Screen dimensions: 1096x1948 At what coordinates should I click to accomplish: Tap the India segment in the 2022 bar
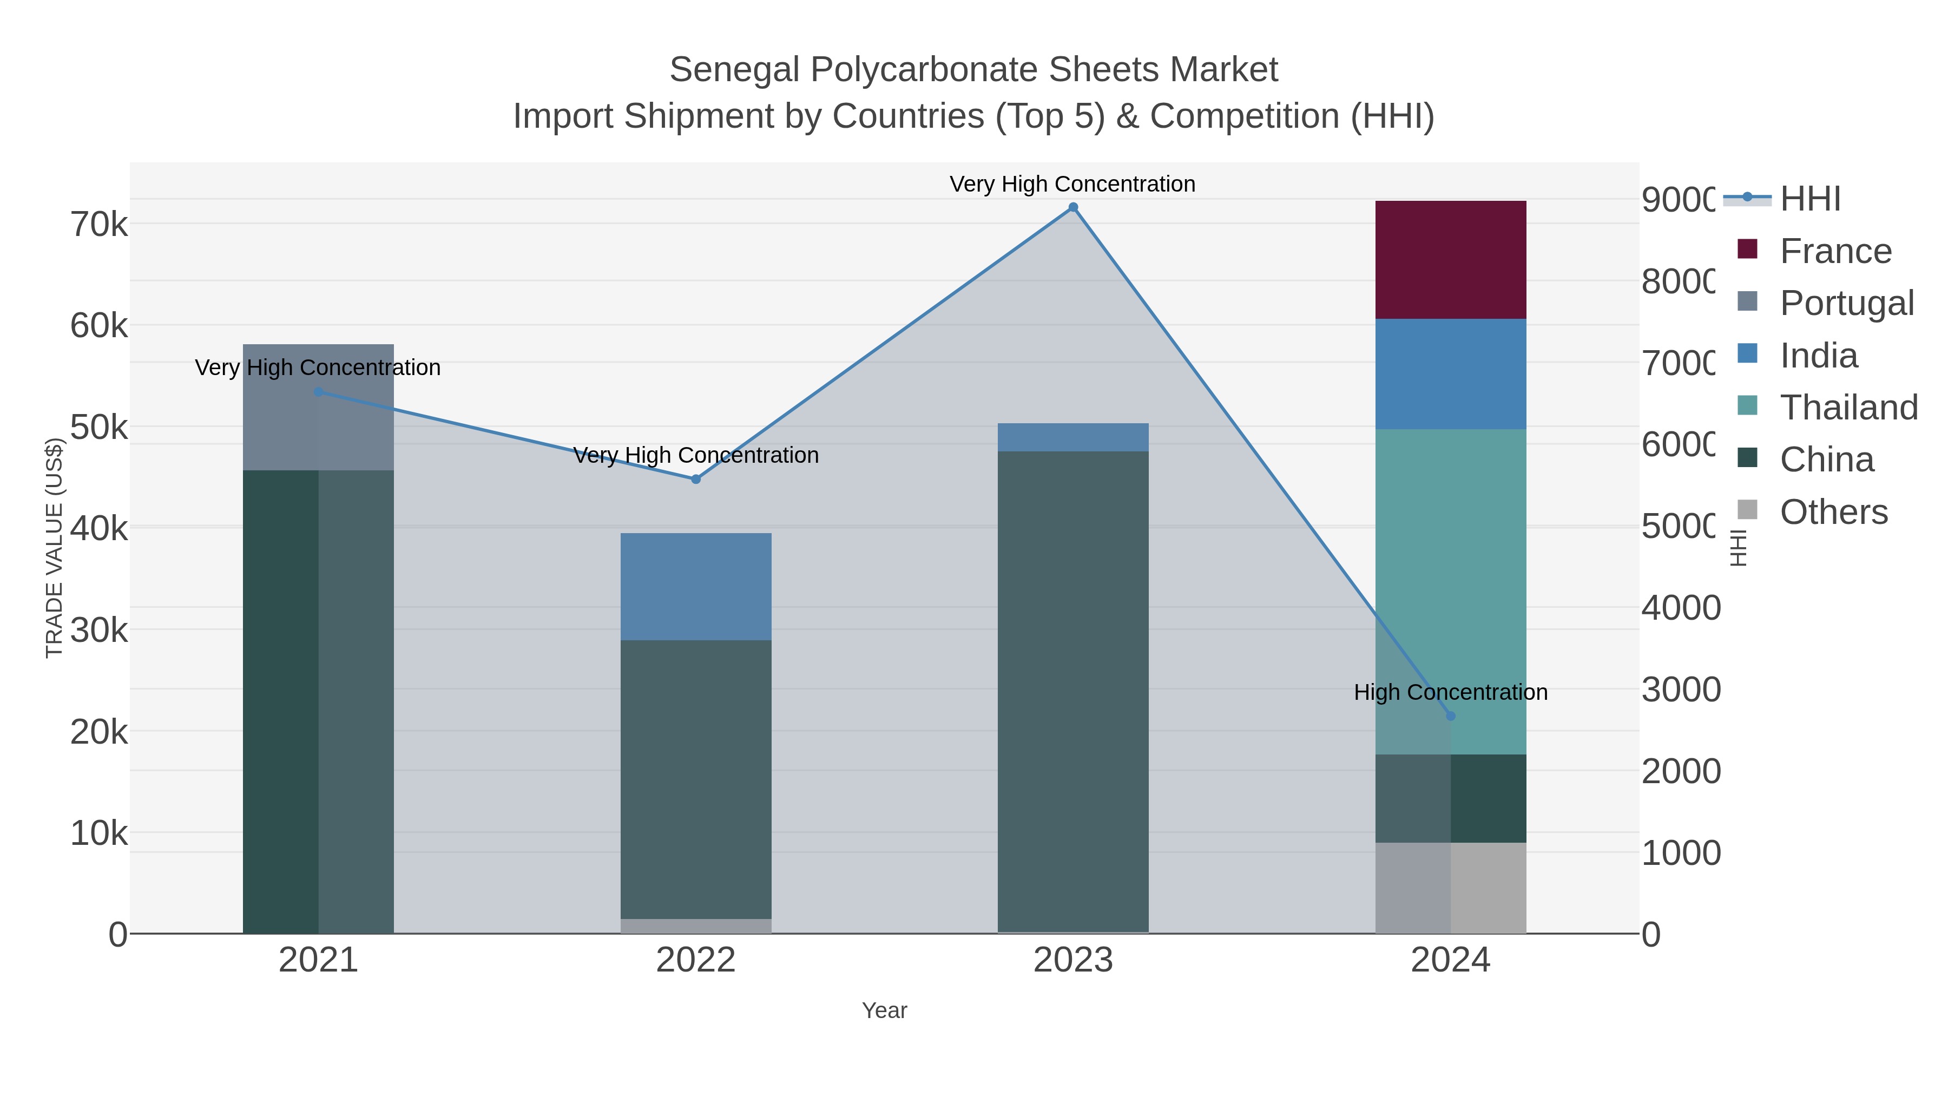696,586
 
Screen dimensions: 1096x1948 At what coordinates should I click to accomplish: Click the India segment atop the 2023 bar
1072,437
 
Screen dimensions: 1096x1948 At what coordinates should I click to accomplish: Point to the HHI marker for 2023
1072,207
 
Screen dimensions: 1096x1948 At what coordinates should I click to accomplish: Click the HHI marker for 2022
696,479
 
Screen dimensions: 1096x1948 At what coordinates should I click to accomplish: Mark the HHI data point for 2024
1450,716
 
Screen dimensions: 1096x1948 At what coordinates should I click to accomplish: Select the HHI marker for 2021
318,392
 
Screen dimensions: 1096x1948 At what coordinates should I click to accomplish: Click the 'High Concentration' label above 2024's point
1450,692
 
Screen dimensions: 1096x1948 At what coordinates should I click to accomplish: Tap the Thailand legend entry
1848,408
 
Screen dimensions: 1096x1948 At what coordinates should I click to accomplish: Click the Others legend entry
1833,512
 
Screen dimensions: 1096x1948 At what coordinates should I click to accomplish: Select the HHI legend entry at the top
1809,199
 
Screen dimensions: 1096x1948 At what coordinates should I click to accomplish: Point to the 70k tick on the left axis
99,225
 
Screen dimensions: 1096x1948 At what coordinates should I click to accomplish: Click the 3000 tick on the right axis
1680,690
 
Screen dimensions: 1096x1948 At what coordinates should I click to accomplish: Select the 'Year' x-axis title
884,1010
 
